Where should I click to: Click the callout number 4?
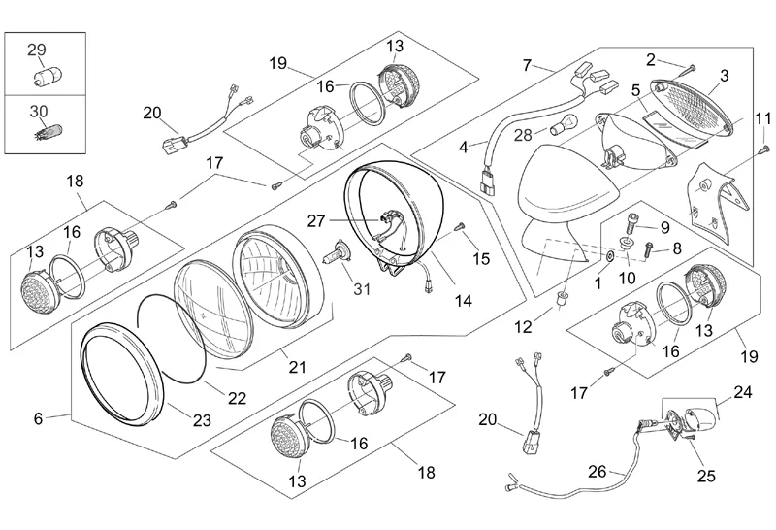[x=464, y=147]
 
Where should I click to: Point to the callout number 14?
[x=464, y=301]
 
